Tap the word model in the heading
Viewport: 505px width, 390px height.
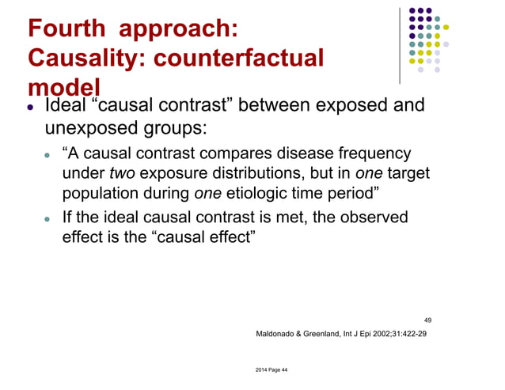[x=63, y=87]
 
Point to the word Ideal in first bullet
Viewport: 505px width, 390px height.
[x=68, y=104]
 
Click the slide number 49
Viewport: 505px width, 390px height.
[x=428, y=320]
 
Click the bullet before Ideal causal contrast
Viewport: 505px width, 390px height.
[x=30, y=105]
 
